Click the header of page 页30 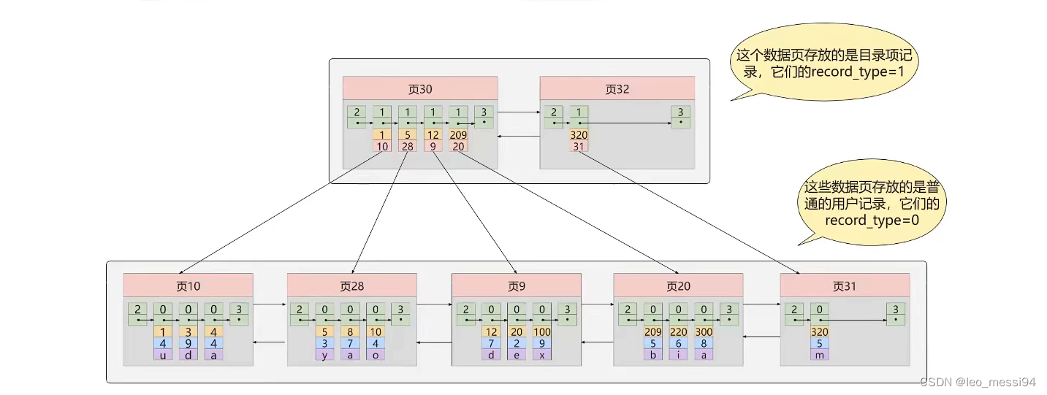(420, 88)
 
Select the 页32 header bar (617, 88)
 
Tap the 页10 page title (189, 285)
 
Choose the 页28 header (352, 285)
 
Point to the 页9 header (517, 285)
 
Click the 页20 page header (678, 285)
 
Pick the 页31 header (845, 285)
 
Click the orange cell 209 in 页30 (458, 135)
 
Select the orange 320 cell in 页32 (579, 135)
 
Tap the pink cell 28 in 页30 (408, 146)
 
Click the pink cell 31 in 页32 (579, 146)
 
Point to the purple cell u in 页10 (163, 355)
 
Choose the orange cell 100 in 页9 (541, 332)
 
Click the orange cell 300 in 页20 (704, 332)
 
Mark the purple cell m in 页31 (819, 355)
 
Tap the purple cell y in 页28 (324, 355)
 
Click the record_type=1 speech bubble (824, 63)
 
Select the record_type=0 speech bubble (871, 203)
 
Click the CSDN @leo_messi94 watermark (978, 382)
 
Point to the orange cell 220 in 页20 (678, 332)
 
